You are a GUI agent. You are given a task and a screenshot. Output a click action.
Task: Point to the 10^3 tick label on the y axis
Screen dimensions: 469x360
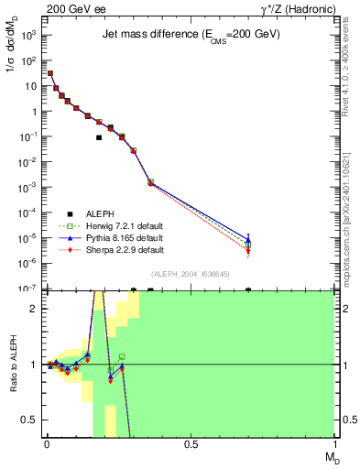(27, 35)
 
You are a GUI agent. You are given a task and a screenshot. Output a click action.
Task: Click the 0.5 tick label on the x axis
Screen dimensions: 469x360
(191, 444)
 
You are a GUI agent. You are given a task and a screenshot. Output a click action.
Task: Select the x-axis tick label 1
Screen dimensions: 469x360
(334, 444)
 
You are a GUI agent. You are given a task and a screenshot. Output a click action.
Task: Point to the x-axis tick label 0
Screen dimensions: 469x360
(46, 444)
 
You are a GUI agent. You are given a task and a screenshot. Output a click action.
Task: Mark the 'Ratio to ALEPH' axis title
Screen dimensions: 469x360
(12, 365)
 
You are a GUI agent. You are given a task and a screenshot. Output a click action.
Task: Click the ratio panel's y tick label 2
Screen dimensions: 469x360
(34, 309)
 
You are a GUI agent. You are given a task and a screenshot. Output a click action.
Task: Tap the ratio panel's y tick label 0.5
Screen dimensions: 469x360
(30, 420)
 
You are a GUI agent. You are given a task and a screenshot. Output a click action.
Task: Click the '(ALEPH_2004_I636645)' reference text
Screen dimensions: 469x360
(191, 273)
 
